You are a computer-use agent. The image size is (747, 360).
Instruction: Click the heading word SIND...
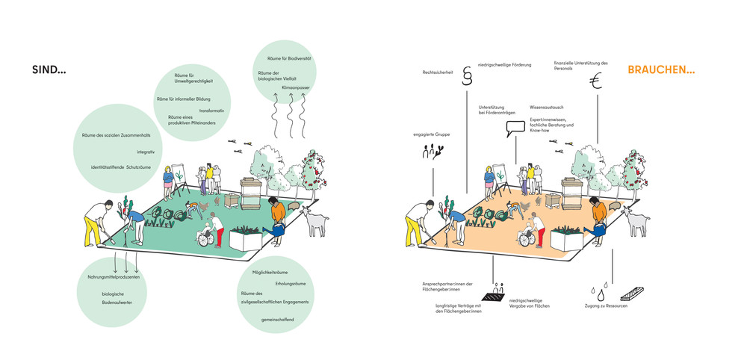click(49, 71)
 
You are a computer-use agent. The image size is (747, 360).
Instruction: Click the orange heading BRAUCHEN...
click(661, 71)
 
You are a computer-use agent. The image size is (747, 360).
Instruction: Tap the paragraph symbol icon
click(468, 77)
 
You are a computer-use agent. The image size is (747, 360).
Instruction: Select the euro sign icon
click(595, 82)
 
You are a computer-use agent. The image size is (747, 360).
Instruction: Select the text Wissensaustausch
click(548, 108)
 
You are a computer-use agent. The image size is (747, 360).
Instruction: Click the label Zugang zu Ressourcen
click(605, 306)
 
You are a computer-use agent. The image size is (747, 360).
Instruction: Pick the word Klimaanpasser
click(296, 88)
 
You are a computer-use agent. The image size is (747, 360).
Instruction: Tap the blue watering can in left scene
click(278, 232)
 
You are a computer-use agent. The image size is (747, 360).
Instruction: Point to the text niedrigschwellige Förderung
click(504, 65)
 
